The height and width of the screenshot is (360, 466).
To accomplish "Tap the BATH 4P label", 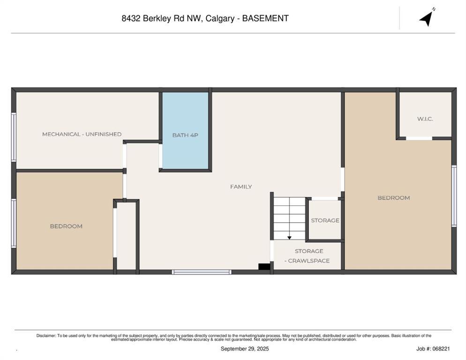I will [x=185, y=135].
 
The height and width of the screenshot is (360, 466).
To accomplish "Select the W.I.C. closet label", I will [x=425, y=119].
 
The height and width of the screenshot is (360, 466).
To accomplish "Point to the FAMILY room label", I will [x=241, y=187].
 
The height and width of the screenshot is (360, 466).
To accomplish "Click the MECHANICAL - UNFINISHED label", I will [x=82, y=134].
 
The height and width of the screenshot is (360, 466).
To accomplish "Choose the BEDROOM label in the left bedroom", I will [x=66, y=226].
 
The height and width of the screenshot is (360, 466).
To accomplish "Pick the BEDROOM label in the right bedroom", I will [x=393, y=198].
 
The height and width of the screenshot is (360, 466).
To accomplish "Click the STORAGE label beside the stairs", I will [x=325, y=220].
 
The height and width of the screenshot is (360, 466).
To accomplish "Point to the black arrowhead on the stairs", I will [x=289, y=238].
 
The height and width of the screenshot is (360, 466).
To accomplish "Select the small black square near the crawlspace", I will [x=264, y=267].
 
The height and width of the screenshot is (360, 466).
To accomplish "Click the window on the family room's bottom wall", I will [x=202, y=272].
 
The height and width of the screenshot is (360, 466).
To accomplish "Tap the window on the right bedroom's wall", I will [x=454, y=196].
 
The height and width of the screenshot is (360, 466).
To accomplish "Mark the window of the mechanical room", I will [x=14, y=137].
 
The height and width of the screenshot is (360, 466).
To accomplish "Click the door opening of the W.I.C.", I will [x=419, y=138].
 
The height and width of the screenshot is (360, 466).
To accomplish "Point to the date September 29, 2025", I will [x=245, y=349].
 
